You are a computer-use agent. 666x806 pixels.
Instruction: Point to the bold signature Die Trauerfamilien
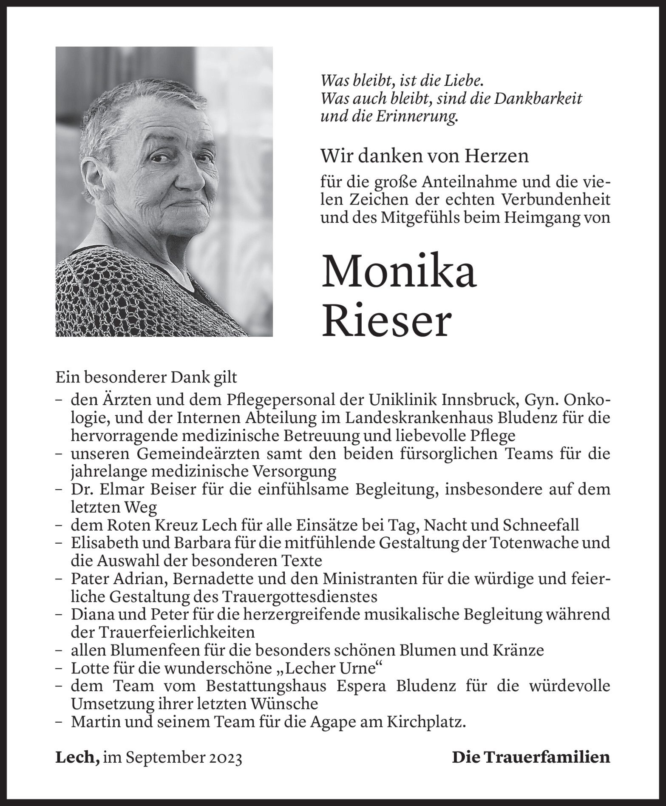[531, 758]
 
